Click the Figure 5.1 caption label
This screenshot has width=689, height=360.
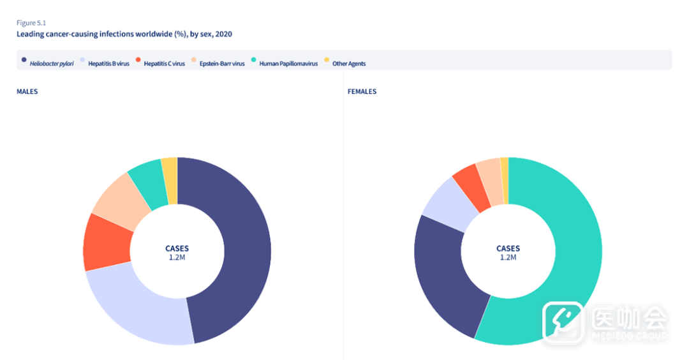(x=31, y=23)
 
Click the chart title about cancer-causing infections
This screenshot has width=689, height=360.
(x=124, y=34)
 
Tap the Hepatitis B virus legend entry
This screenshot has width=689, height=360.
(x=105, y=63)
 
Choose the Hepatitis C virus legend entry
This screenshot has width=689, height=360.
(x=160, y=63)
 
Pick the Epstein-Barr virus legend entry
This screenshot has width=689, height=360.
(x=218, y=63)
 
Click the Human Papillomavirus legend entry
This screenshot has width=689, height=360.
(x=285, y=63)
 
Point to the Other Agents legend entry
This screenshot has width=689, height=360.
(x=345, y=63)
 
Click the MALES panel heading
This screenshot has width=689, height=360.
(x=27, y=91)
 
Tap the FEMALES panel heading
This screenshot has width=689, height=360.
(x=362, y=91)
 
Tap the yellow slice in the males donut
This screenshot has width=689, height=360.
(x=170, y=180)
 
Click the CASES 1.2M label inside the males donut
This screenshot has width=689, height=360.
(x=177, y=253)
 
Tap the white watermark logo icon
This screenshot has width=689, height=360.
(x=563, y=322)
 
